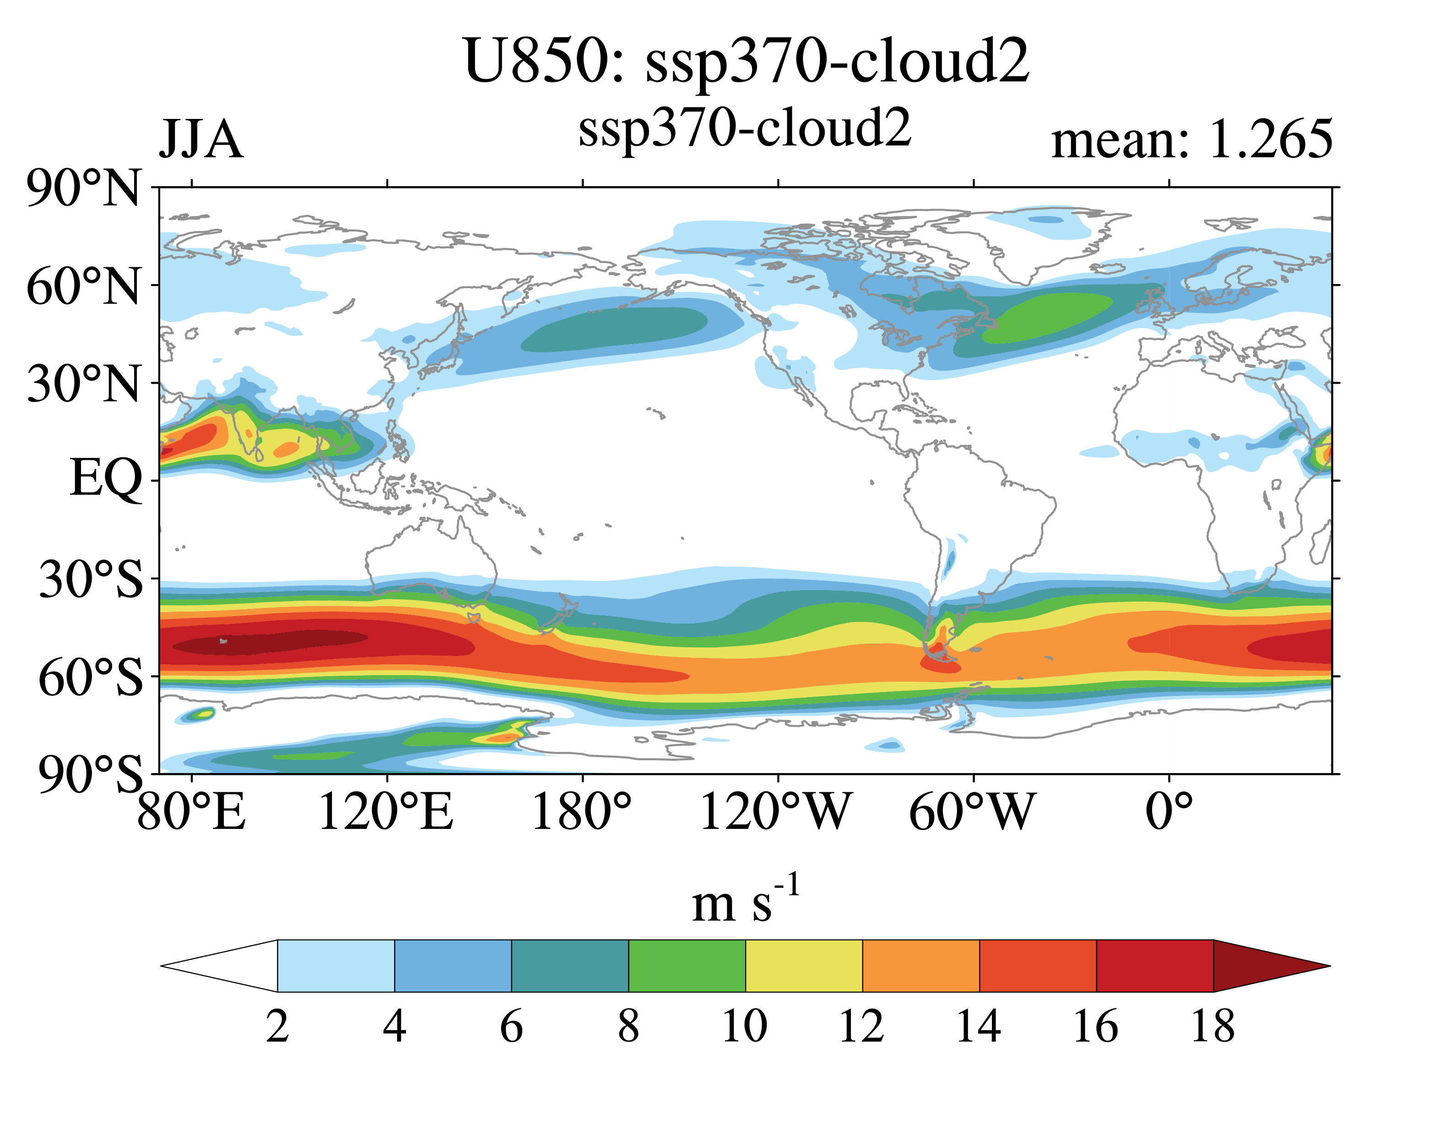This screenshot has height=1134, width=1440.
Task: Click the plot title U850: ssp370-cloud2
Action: point(747,62)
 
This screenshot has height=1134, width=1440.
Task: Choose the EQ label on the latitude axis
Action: point(106,479)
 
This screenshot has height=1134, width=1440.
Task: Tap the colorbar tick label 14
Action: point(978,1027)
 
